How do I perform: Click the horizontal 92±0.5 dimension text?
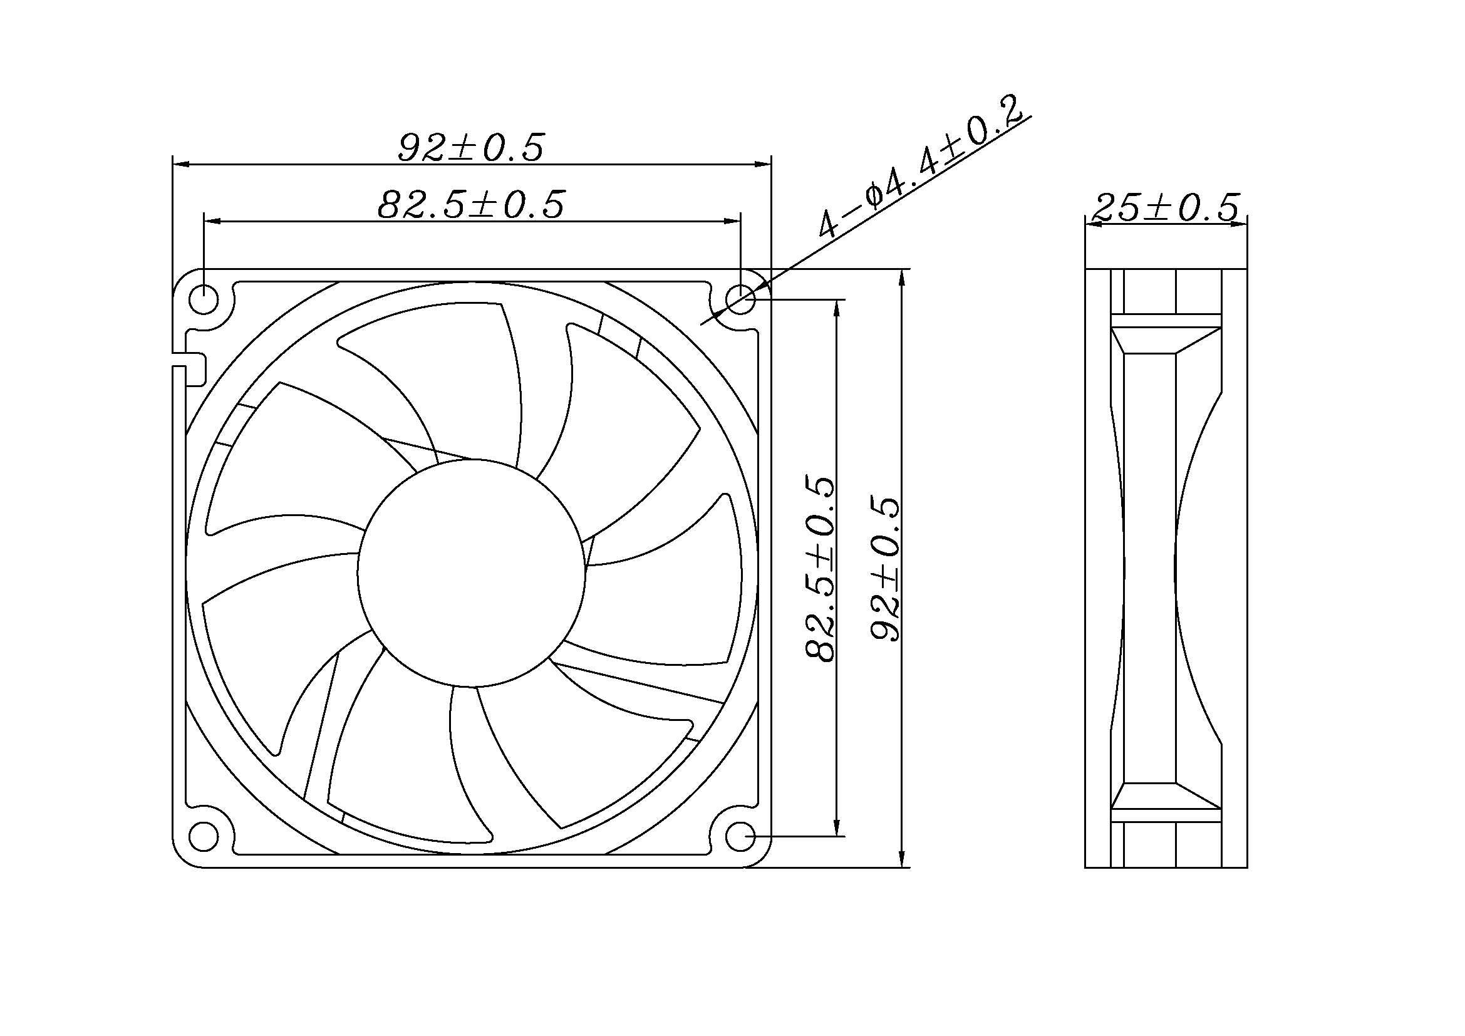click(x=471, y=147)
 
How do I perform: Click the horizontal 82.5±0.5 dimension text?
click(x=471, y=205)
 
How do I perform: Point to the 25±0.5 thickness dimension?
click(x=1166, y=208)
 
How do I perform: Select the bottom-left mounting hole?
click(x=204, y=835)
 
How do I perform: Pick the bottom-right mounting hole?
click(x=741, y=835)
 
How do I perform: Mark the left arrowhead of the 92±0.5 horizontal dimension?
click(x=181, y=164)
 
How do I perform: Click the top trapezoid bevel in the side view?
click(x=1165, y=340)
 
